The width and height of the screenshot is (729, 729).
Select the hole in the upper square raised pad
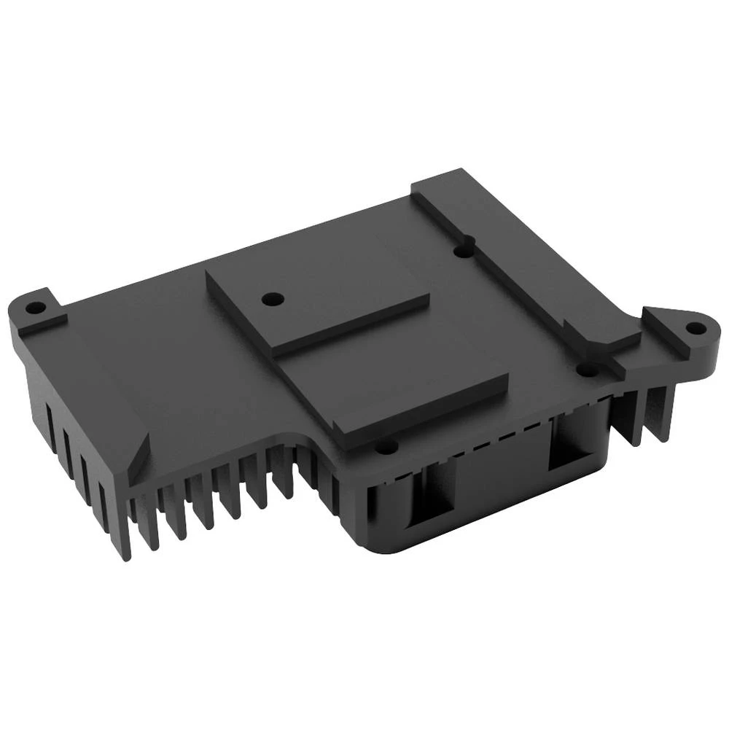coord(273,298)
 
